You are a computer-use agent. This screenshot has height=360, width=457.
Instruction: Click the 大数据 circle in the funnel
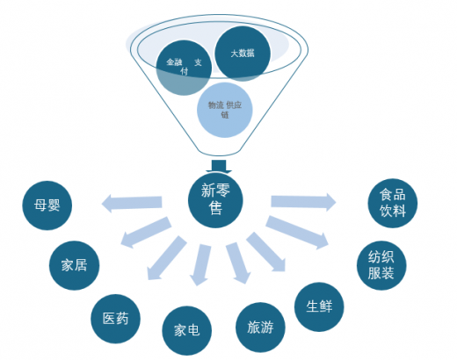(x=243, y=54)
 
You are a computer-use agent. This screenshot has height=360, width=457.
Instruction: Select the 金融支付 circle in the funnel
(x=184, y=68)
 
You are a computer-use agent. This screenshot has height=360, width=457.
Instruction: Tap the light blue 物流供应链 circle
(x=225, y=110)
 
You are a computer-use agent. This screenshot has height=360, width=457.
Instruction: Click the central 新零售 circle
(x=215, y=200)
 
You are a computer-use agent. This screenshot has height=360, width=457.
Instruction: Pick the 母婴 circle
(x=47, y=205)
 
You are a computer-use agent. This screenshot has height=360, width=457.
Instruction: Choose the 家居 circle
(x=74, y=265)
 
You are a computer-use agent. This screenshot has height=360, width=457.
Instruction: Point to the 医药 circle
(x=115, y=319)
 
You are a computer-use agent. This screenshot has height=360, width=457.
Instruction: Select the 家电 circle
(x=187, y=331)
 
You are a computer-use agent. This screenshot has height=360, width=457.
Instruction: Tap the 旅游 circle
(x=260, y=328)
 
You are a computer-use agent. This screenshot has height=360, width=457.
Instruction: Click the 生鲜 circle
(x=319, y=306)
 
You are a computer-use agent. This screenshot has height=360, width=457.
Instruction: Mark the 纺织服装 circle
(x=381, y=265)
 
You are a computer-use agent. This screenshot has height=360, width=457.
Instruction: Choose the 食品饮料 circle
(x=393, y=203)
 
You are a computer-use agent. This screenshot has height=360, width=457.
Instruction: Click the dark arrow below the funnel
(x=219, y=166)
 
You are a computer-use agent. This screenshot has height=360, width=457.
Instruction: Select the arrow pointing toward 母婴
(x=132, y=203)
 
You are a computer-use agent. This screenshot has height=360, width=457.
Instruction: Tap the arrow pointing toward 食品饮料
(x=303, y=202)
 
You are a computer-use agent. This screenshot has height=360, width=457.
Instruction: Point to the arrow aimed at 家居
(x=146, y=232)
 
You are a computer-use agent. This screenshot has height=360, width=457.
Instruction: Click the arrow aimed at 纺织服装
(x=297, y=233)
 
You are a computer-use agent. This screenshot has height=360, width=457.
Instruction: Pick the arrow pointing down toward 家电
(x=200, y=264)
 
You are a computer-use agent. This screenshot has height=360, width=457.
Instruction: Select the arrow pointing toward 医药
(x=167, y=258)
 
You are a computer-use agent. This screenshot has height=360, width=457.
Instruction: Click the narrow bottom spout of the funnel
(x=219, y=153)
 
